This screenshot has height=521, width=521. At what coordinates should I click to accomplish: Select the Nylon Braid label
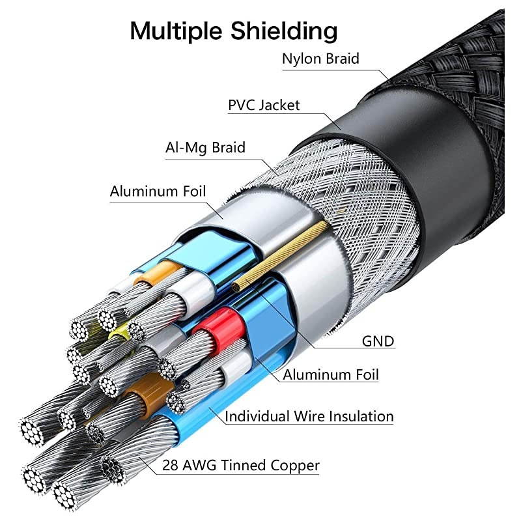(320, 59)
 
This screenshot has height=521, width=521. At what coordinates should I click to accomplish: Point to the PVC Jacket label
(264, 105)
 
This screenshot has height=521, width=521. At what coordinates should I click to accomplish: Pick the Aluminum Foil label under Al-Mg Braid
(158, 191)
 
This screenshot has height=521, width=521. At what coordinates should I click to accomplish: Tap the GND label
(378, 341)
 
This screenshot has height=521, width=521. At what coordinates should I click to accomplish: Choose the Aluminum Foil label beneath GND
(330, 375)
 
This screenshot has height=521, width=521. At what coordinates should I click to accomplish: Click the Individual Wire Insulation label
(309, 416)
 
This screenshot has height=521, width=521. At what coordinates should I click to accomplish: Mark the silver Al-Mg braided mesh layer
(352, 195)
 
